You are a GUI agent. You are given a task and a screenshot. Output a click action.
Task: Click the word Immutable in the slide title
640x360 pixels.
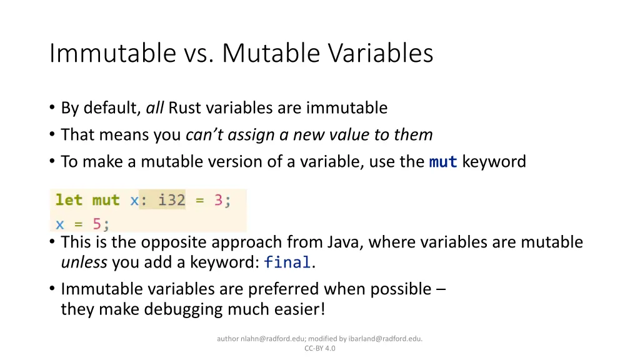pos(112,53)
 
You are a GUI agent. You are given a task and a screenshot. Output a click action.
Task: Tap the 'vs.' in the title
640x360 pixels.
pos(198,53)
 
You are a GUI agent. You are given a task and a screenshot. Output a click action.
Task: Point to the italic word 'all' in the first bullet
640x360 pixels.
pos(154,108)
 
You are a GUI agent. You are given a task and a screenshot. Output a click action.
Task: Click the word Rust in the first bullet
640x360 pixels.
pos(185,108)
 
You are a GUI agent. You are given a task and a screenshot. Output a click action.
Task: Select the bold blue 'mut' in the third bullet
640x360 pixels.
pos(443,162)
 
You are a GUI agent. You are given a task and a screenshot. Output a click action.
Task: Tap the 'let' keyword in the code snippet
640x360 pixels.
pos(69,200)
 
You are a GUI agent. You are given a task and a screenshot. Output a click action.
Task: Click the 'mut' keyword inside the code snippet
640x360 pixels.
pos(106,200)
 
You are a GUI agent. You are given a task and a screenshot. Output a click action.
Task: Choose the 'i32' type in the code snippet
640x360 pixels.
pos(171,200)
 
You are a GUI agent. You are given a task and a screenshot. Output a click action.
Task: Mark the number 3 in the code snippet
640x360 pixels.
pos(219,200)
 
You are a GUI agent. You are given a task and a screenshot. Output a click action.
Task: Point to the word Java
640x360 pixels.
pos(341,242)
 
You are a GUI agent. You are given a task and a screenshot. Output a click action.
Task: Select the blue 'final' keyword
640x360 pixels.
pos(287,263)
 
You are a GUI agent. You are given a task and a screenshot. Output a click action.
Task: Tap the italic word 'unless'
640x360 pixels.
pos(84,262)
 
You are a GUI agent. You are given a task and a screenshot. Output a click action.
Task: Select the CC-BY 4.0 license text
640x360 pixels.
pos(319,349)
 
